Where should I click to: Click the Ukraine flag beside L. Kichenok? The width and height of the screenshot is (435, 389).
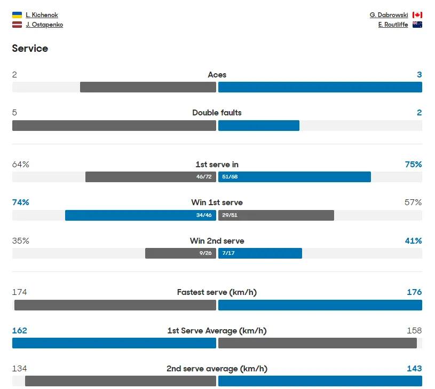click(17, 15)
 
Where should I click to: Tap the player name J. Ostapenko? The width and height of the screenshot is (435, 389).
click(44, 25)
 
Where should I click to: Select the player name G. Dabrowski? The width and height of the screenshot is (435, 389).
click(389, 15)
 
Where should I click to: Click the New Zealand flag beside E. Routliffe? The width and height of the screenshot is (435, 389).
click(417, 25)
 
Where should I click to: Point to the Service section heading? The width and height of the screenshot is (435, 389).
click(30, 49)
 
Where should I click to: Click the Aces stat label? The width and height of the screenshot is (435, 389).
click(217, 75)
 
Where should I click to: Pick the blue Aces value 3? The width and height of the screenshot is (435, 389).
click(419, 75)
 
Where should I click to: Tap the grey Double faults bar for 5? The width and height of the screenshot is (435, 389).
click(114, 126)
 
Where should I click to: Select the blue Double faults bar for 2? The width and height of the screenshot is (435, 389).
click(259, 126)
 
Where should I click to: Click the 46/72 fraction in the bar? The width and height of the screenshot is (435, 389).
click(204, 177)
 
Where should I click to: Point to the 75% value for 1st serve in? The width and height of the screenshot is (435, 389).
click(413, 165)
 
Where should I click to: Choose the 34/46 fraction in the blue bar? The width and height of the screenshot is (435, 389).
click(204, 215)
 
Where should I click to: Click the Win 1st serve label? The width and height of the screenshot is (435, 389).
click(217, 203)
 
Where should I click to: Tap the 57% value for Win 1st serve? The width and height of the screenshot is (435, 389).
click(413, 203)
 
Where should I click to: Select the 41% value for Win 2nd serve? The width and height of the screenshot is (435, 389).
click(413, 241)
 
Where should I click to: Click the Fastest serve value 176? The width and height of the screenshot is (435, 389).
click(414, 292)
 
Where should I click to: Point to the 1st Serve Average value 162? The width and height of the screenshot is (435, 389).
click(20, 331)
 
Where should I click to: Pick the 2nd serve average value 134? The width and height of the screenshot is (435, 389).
click(20, 369)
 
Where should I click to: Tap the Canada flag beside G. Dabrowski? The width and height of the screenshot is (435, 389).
click(417, 15)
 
